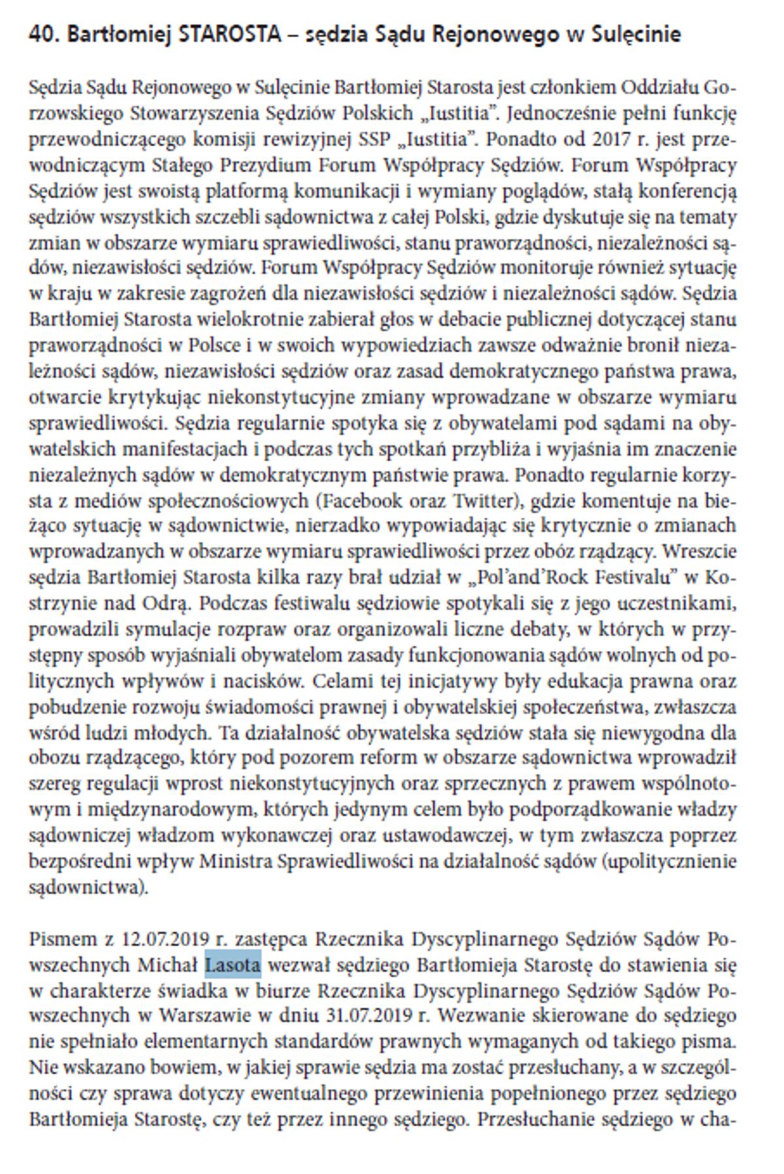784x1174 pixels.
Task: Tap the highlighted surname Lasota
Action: click(233, 965)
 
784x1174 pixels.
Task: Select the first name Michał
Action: click(167, 965)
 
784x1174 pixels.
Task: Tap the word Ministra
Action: click(236, 862)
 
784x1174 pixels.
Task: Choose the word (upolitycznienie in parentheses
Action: click(671, 862)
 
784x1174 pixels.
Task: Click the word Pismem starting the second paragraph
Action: click(63, 939)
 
